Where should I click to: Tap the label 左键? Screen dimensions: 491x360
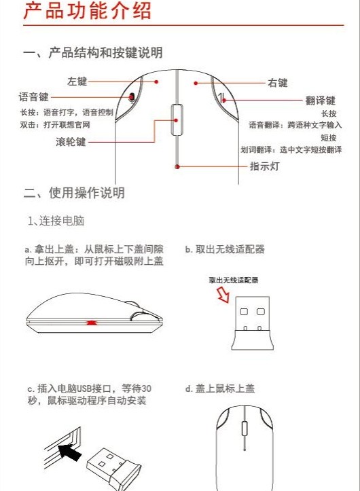[77, 81]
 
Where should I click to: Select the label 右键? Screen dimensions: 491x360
[278, 83]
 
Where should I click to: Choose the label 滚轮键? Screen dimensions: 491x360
[71, 142]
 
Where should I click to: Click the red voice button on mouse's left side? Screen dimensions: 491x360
[131, 98]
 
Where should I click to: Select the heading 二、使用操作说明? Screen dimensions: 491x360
[74, 193]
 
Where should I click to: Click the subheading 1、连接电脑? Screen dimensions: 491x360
[56, 221]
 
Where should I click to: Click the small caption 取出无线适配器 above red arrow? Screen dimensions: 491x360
[234, 279]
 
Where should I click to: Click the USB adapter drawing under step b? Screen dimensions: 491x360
[249, 324]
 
